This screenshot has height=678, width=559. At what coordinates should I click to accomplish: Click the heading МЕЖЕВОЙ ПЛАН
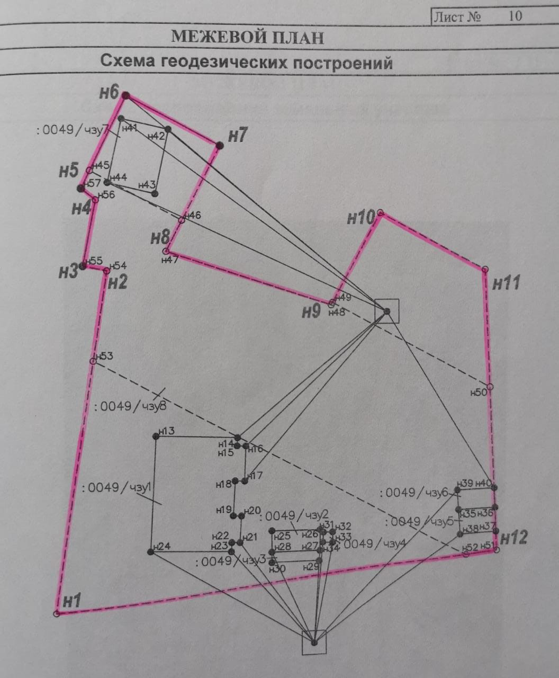pos(247,37)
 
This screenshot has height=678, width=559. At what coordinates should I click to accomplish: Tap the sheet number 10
pos(515,16)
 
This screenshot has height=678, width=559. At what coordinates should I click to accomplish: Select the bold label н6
pos(109,93)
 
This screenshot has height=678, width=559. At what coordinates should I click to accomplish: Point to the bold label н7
pos(238,136)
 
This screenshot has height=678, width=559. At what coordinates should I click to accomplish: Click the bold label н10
pos(361,217)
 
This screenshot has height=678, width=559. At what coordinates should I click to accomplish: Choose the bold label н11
pos(507,283)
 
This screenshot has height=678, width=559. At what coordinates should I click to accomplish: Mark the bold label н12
pos(514,538)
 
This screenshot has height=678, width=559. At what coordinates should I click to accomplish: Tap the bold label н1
pos(71,601)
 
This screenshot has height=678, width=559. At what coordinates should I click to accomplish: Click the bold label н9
pos(311,311)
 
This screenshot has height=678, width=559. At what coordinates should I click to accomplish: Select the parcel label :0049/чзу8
pos(130,407)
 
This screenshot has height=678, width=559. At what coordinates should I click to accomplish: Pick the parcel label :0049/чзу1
pos(118,488)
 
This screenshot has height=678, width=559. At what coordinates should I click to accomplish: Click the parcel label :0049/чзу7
pos(73,129)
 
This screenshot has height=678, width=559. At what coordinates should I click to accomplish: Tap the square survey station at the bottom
pos(314,643)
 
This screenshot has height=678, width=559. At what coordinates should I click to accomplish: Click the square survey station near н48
pos(386,311)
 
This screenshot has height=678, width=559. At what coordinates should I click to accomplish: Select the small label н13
pos(167,431)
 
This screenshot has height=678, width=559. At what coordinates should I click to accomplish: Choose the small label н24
pos(162,547)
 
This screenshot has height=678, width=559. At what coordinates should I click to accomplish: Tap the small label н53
pos(105,356)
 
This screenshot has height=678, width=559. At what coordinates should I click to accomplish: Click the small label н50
pos(478,392)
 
